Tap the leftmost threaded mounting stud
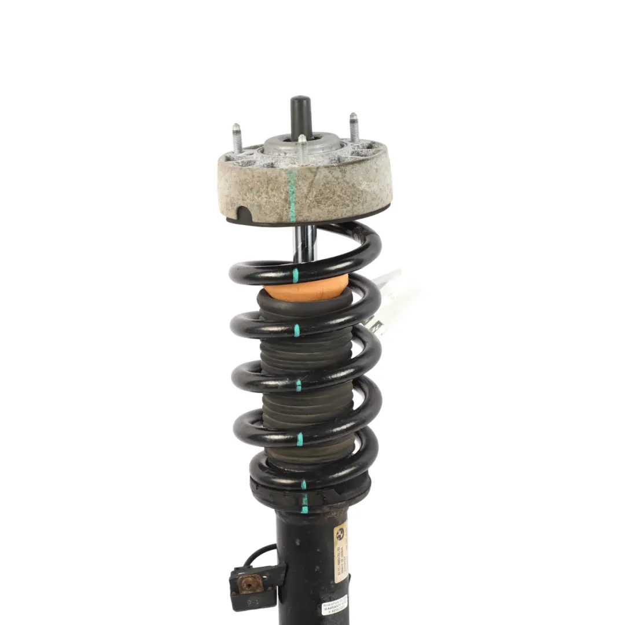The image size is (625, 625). click(x=237, y=139)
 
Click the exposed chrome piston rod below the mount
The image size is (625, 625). click(x=304, y=243)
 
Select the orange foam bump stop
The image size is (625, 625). click(x=306, y=287)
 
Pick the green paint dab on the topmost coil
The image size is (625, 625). click(x=295, y=275)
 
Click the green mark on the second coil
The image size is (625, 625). click(x=297, y=330)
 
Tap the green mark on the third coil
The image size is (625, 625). click(x=299, y=385)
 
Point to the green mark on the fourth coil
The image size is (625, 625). click(x=300, y=439)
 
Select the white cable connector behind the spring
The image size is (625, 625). click(x=394, y=301)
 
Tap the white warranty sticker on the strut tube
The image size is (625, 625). click(x=334, y=605)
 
